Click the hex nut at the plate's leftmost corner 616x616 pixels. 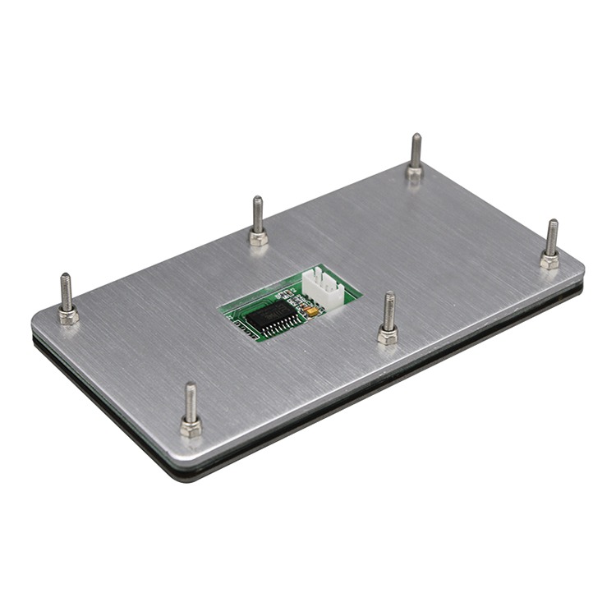[x=68, y=315]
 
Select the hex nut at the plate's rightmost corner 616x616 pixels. [x=549, y=260]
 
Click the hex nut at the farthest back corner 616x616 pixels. [x=415, y=172]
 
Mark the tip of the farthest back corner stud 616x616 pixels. [x=416, y=138]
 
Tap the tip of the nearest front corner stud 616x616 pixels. [x=190, y=387]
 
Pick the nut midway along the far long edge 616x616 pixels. [x=259, y=237]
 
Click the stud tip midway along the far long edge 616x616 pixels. [x=258, y=200]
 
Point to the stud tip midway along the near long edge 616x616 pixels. [x=389, y=297]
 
